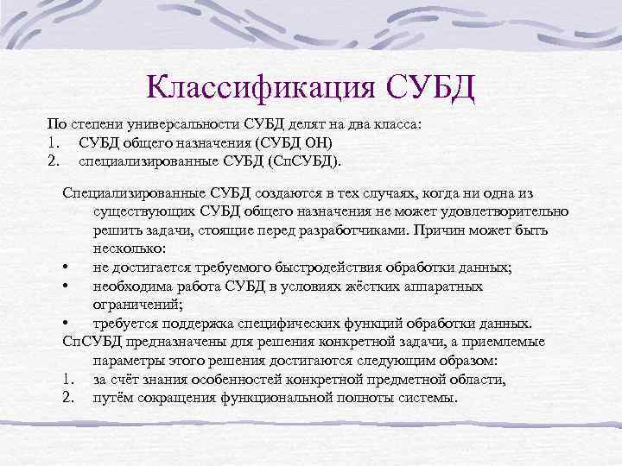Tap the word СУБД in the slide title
click(427, 86)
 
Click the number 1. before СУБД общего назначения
click(54, 142)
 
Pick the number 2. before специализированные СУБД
click(54, 160)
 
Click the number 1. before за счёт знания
click(69, 379)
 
